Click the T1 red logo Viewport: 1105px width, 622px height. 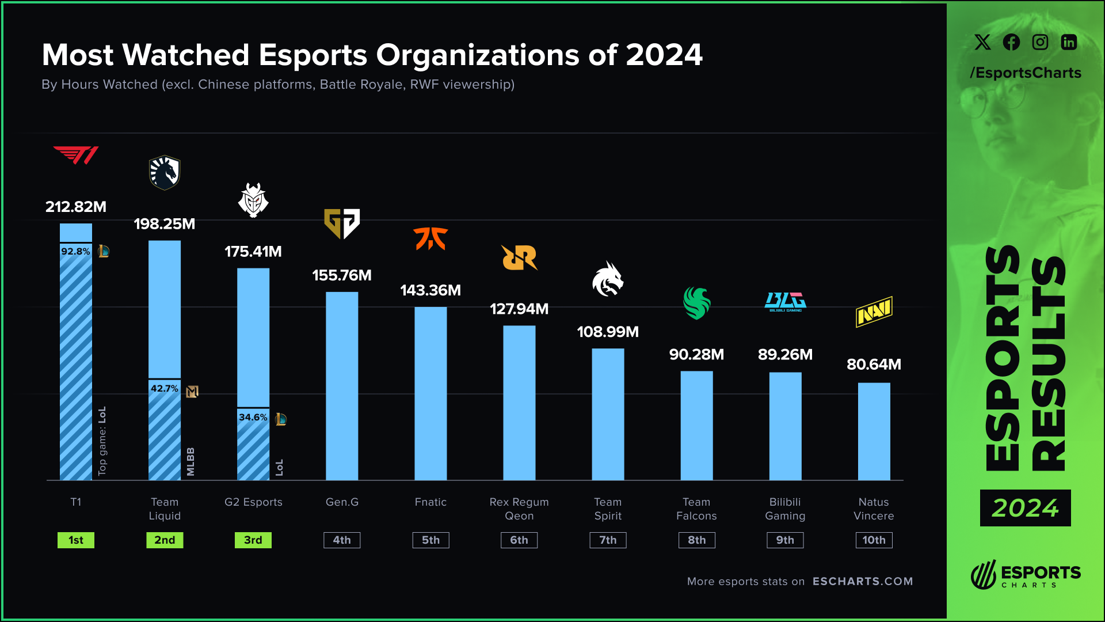pos(76,155)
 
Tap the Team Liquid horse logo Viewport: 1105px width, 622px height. pos(165,173)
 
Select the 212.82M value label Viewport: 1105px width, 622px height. pos(76,207)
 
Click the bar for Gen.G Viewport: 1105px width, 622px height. pos(342,386)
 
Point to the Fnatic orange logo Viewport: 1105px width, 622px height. pos(430,238)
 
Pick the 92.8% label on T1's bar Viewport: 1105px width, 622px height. pos(75,252)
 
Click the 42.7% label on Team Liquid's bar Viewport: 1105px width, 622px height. pos(164,389)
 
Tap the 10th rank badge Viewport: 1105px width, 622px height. pos(874,540)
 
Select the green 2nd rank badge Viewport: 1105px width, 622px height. pos(165,540)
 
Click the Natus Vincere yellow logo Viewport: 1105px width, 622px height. pos(874,312)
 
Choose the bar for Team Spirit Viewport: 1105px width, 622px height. pos(608,415)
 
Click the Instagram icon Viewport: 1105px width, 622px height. pos(1040,42)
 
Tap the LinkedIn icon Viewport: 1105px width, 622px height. pos(1069,42)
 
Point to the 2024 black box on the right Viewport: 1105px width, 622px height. pos(1025,508)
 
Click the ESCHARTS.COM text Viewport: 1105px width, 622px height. pos(863,582)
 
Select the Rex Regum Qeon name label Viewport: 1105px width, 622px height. pos(519,509)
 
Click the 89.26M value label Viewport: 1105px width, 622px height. pos(785,355)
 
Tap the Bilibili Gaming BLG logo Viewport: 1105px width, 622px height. pos(785,301)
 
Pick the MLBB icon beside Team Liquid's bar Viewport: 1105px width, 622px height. pos(192,392)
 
